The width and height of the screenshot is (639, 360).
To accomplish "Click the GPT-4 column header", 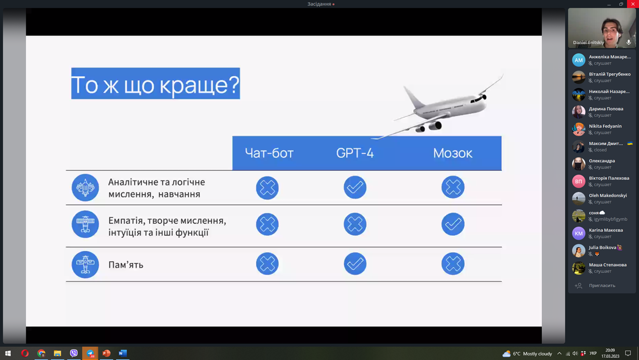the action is pos(355,153).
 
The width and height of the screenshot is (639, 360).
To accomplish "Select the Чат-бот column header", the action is pos(269,153).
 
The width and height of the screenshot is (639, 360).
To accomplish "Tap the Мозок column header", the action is pos(453,153).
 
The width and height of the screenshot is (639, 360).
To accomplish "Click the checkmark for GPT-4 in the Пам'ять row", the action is pos(355,264).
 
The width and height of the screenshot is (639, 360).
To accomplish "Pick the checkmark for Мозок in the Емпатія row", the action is pos(453,224).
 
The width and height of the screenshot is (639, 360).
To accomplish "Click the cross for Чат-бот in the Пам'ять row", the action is pos(267,264).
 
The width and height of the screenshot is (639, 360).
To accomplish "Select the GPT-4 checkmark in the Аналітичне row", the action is pos(355,187).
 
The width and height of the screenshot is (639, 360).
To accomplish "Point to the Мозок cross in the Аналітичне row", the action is pos(453,187).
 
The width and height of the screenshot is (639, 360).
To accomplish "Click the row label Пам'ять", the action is pos(126,265).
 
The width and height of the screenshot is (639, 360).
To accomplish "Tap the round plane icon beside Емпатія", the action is pos(85,224).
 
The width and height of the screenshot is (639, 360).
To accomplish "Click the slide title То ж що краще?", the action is pos(156,84).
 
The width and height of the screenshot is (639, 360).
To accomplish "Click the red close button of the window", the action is pos(633,4).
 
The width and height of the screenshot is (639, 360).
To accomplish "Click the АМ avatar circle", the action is pos(579,60).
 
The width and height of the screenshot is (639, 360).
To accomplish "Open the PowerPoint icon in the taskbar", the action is pos(106,353).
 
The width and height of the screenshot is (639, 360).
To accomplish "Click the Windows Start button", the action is pos(8,353).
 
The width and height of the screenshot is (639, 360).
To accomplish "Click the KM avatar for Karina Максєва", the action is pos(579,233).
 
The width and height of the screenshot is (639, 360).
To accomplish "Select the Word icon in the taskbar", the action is pos(122,353).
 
